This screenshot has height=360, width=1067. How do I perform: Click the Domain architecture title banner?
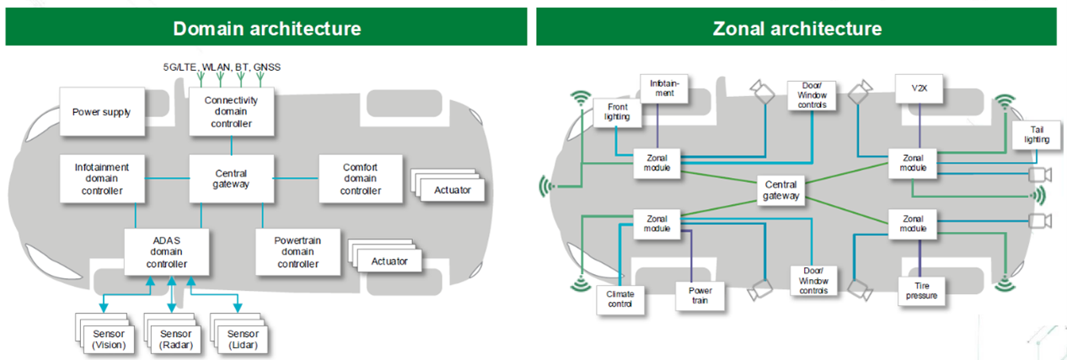266,27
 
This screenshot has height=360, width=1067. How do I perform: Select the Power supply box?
100,112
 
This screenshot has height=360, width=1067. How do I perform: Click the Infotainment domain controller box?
100,178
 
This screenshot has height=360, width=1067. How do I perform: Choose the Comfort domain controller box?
360,178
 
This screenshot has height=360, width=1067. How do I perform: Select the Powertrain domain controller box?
298,251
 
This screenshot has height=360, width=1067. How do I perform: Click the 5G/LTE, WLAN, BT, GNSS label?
222,66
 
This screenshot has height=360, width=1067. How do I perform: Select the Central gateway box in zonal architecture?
781,190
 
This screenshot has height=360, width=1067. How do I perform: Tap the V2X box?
920,89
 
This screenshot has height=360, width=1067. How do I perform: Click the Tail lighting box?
1038,134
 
